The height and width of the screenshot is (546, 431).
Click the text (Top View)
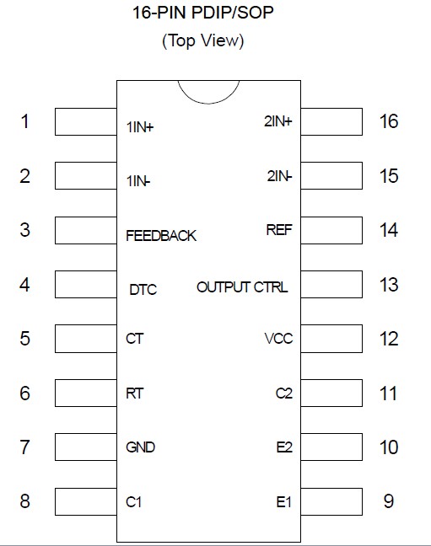pos(202,40)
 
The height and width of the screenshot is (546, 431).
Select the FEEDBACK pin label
pos(160,236)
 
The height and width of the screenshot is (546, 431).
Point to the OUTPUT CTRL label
pos(242,287)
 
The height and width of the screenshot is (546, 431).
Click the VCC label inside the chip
pos(278,340)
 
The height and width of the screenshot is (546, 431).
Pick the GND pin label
pos(140,447)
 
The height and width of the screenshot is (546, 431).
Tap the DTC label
pos(143,290)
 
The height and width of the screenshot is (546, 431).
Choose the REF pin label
pos(279,230)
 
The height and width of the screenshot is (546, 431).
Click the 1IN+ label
pos(140,128)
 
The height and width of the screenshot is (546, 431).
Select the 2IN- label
pos(279,177)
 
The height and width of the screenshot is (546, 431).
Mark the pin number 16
pos(388,122)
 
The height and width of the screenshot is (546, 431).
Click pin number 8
pos(24,501)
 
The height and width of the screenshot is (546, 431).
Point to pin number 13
pos(388,285)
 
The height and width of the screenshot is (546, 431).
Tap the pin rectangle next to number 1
pos(84,122)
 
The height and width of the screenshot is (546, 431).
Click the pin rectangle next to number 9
pos(331,501)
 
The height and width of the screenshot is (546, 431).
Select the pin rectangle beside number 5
pos(84,339)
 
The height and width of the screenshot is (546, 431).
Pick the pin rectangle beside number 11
pos(331,393)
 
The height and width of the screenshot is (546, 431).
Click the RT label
pos(135,393)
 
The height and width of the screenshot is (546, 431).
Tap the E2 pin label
pos(284,447)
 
